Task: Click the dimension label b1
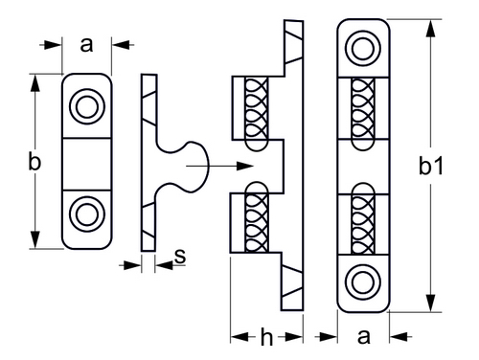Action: point(431,167)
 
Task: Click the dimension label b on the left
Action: point(34,161)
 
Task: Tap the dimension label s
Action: point(180,256)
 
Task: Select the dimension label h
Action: point(266,337)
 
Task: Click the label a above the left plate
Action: point(86,45)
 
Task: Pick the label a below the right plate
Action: point(364,336)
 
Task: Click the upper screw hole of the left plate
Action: point(87,106)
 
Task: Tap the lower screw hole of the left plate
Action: point(87,214)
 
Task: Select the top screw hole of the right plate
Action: point(363,49)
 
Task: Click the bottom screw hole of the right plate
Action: point(363,282)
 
